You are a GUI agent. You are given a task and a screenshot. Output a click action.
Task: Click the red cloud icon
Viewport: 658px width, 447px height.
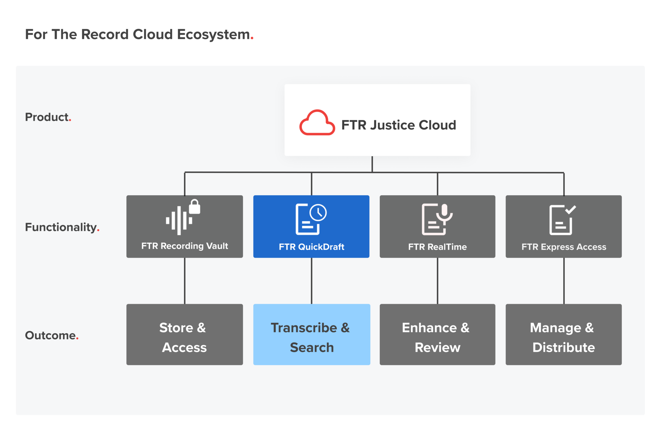click(317, 123)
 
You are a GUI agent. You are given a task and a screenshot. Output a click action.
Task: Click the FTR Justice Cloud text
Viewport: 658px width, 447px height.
click(398, 125)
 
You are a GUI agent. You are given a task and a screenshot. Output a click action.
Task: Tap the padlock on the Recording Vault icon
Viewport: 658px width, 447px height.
click(194, 207)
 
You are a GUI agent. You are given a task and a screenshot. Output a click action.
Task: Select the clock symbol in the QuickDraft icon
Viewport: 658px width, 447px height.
click(318, 213)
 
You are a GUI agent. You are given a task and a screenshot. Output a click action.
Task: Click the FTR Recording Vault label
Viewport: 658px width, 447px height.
click(184, 246)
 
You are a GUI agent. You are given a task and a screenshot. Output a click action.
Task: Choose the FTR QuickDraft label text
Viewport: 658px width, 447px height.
click(311, 247)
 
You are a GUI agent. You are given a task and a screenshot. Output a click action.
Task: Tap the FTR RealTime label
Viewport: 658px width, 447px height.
click(437, 247)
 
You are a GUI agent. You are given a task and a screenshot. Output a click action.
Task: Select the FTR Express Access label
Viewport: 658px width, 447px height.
click(564, 247)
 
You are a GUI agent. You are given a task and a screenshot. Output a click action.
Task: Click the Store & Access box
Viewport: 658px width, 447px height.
click(184, 334)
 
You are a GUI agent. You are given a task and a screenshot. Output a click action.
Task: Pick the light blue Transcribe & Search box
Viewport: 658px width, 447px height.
click(311, 334)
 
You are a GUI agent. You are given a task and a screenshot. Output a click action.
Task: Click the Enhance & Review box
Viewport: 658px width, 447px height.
click(437, 334)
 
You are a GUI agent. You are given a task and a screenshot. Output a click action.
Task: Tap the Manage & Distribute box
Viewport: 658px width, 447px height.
click(564, 334)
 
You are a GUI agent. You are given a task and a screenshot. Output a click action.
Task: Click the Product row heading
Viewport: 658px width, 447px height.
click(47, 117)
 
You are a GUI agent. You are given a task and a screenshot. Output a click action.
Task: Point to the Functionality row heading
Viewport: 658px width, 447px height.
click(61, 227)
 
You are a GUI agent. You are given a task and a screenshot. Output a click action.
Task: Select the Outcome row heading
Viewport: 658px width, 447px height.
click(51, 335)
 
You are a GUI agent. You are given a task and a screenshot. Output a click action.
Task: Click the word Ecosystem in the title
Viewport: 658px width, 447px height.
click(213, 34)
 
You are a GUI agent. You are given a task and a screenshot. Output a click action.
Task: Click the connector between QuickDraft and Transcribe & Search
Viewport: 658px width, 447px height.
click(311, 281)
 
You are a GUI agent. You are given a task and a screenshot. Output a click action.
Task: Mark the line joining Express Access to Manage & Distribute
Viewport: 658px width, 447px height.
click(564, 281)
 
